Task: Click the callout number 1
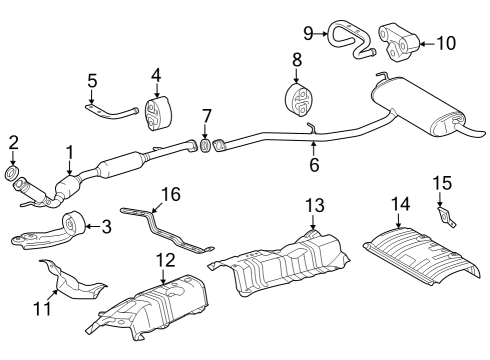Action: [x=69, y=151]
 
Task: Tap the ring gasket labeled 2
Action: [x=14, y=176]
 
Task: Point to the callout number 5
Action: [x=92, y=79]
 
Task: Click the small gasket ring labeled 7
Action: [x=205, y=147]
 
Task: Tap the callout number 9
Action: [x=309, y=33]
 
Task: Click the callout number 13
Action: [x=313, y=205]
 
